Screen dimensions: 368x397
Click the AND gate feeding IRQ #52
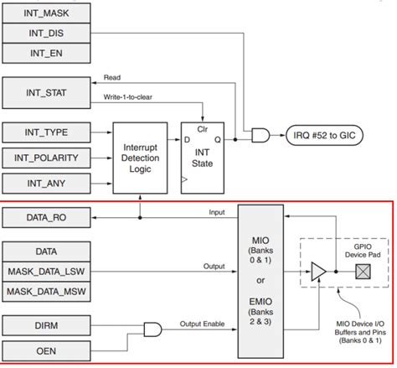258,135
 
